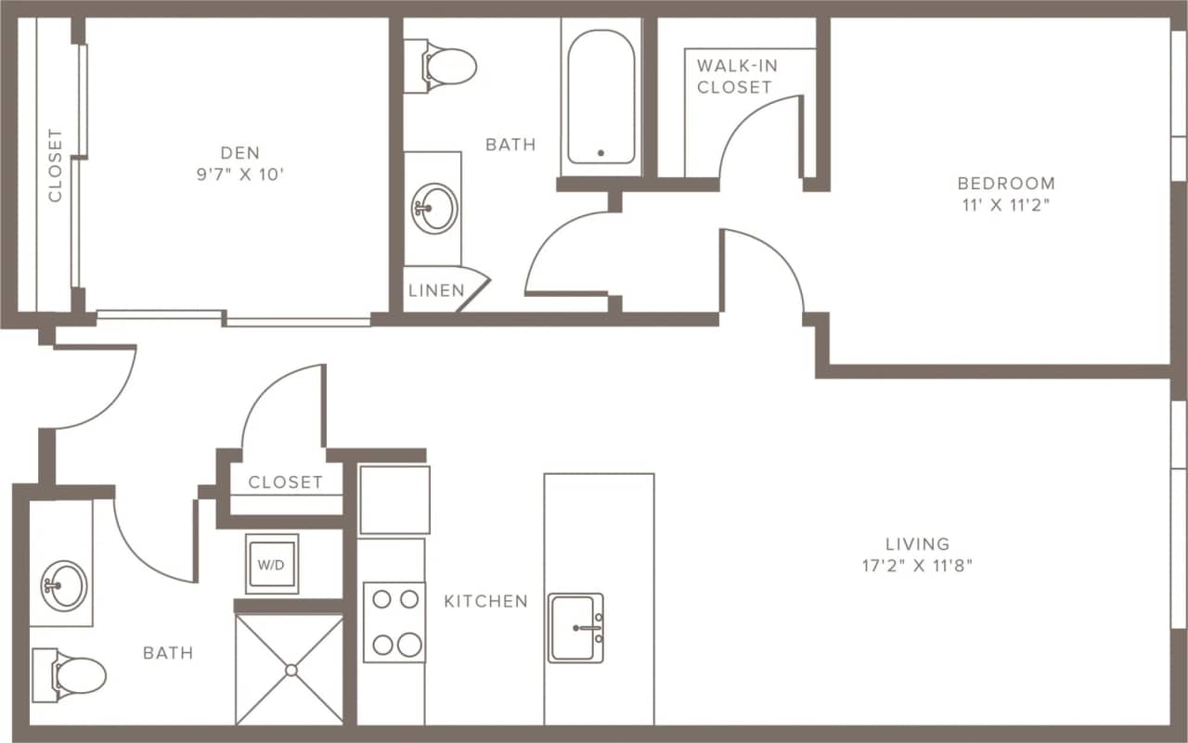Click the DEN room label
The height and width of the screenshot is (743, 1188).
pyautogui.click(x=239, y=152)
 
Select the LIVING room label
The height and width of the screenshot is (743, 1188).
pyautogui.click(x=917, y=544)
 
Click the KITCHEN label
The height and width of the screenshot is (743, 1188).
pyautogui.click(x=485, y=601)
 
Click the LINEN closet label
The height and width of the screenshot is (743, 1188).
pyautogui.click(x=436, y=290)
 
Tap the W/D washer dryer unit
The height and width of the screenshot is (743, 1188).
pyautogui.click(x=271, y=563)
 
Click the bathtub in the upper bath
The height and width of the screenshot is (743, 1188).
pyautogui.click(x=601, y=97)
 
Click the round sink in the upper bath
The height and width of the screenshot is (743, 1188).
pyautogui.click(x=434, y=208)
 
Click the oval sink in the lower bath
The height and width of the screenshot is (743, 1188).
pyautogui.click(x=64, y=585)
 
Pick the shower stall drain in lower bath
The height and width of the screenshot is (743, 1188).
pyautogui.click(x=291, y=669)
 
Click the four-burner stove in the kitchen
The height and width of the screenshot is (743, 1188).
pyautogui.click(x=394, y=621)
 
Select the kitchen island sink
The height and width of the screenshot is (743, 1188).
pyautogui.click(x=575, y=628)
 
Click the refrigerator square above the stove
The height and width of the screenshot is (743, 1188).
pyautogui.click(x=394, y=500)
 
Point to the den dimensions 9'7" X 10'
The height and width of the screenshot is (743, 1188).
pyautogui.click(x=239, y=174)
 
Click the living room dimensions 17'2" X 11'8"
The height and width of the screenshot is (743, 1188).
pyautogui.click(x=917, y=566)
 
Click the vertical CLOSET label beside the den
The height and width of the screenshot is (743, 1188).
pyautogui.click(x=55, y=165)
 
